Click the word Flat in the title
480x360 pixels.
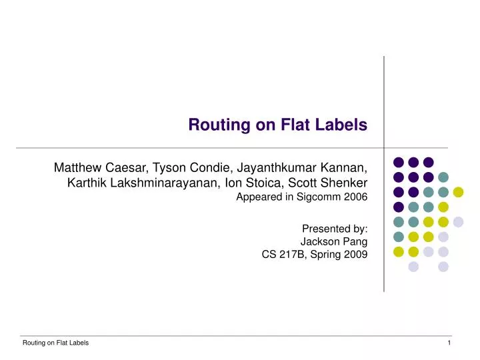click(301, 125)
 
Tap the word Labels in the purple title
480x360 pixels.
click(343, 125)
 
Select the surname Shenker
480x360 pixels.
click(343, 181)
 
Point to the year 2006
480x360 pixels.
click(355, 197)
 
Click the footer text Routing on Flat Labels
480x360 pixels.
click(56, 343)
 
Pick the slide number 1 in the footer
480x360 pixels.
click(450, 343)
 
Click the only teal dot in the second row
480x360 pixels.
click(443, 177)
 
